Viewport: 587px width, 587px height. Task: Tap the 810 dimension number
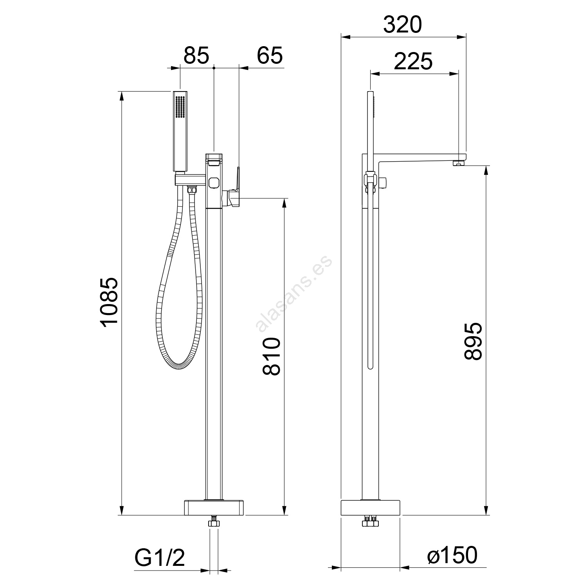click(x=272, y=356)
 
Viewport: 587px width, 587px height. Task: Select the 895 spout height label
click(x=473, y=341)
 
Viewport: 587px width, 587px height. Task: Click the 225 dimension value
click(x=413, y=61)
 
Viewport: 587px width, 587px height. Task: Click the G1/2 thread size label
click(x=160, y=558)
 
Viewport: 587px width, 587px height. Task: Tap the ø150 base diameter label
click(x=452, y=555)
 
